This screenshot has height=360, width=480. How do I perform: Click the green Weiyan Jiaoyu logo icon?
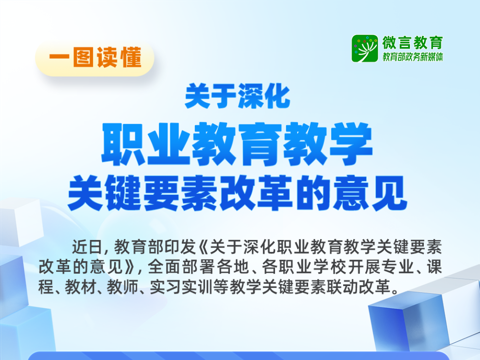tap(365, 48)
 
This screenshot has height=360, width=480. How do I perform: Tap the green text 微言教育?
tap(412, 43)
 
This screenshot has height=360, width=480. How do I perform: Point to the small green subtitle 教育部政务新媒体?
tap(412, 57)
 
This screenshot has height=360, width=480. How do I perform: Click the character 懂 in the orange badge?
tap(132, 57)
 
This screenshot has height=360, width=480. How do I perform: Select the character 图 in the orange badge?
tap(83, 57)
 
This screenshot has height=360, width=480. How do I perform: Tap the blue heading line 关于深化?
tap(237, 96)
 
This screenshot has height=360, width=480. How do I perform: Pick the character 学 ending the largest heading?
tap(349, 144)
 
